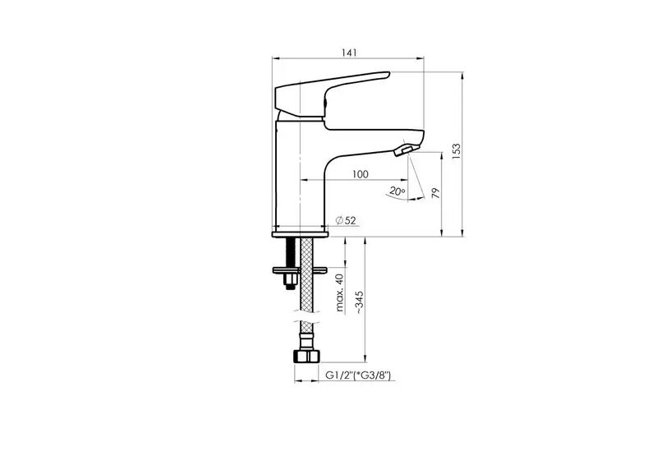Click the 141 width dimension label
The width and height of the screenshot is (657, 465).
click(348, 53)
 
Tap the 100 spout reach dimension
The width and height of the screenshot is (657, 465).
click(361, 174)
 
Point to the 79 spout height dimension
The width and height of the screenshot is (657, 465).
click(436, 193)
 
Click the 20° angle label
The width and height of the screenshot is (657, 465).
click(397, 191)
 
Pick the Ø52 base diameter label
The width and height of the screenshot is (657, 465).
click(346, 220)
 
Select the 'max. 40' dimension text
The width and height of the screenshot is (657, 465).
click(340, 292)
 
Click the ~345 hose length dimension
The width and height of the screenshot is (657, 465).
click(360, 302)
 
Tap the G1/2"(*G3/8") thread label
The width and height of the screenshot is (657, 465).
click(358, 375)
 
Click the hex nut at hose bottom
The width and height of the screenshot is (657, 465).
click(306, 357)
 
